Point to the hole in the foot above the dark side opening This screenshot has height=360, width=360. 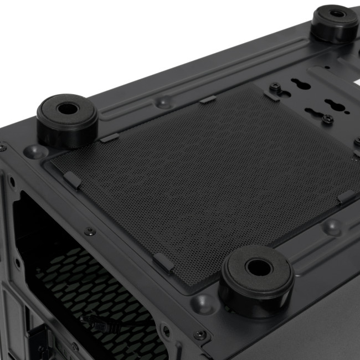67,108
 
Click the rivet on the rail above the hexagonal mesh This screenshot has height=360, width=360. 88,231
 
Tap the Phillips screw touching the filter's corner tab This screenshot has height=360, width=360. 274,87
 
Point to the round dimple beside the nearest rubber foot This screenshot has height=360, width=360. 204,303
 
